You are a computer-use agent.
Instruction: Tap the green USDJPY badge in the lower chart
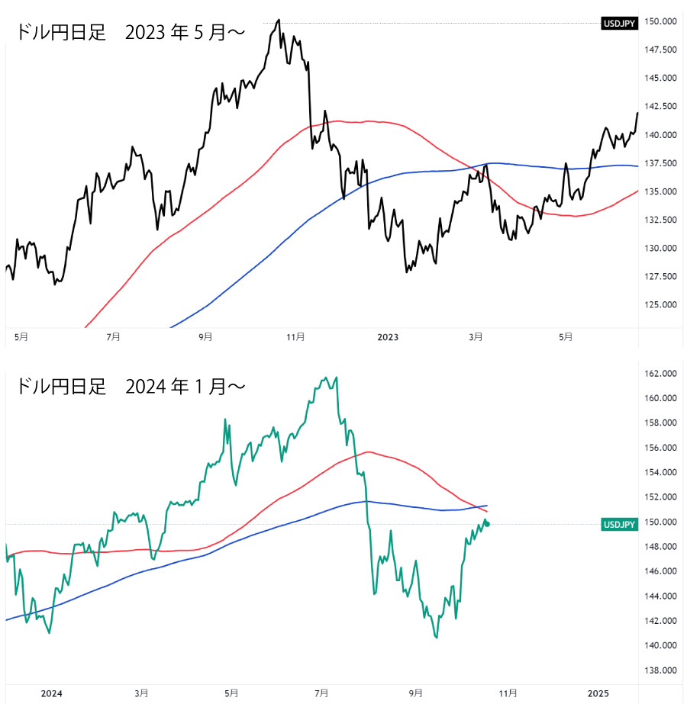(x=620, y=524)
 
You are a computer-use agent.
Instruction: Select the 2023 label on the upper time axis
(x=388, y=336)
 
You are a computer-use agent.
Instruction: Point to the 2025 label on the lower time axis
(x=598, y=693)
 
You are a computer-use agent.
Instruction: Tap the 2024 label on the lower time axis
(x=51, y=693)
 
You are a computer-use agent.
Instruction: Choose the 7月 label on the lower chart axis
(x=321, y=693)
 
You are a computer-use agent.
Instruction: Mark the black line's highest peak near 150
(x=279, y=20)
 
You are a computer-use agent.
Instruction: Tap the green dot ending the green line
(x=488, y=523)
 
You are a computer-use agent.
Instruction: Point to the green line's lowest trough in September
(x=436, y=638)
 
